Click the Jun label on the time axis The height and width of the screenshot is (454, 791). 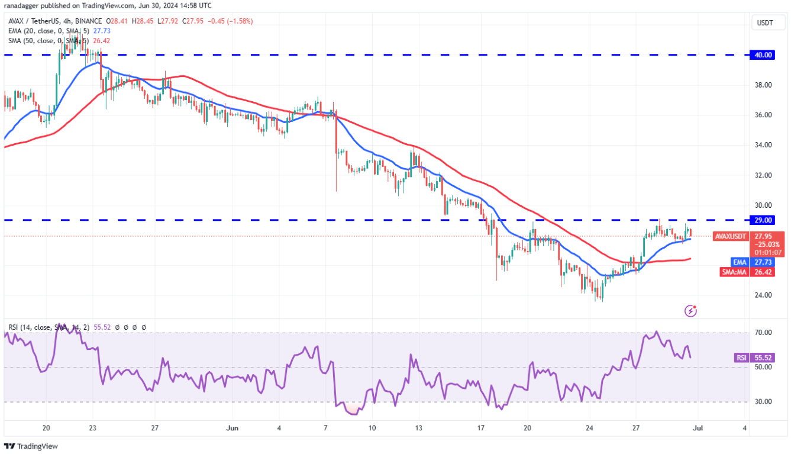tap(233, 428)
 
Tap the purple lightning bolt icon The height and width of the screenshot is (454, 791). tap(690, 310)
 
